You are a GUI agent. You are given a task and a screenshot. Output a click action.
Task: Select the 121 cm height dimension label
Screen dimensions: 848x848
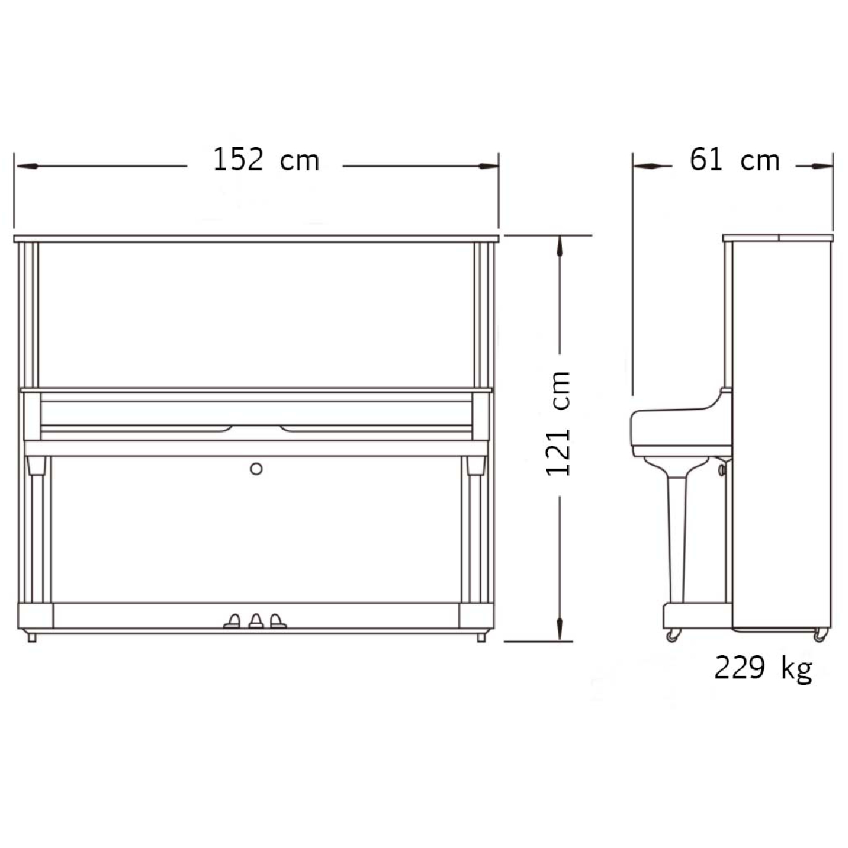(x=558, y=424)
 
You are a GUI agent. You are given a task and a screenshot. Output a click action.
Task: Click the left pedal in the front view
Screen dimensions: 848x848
(x=233, y=621)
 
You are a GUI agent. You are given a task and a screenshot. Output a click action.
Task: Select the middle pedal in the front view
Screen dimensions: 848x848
(x=256, y=621)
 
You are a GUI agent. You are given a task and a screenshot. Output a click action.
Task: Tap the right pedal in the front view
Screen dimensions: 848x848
(x=278, y=621)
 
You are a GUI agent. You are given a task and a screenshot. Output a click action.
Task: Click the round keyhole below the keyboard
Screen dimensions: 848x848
(x=256, y=468)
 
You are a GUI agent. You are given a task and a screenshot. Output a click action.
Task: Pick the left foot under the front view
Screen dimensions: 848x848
(x=32, y=637)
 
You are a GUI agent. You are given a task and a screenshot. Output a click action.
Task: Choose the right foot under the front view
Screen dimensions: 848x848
(x=482, y=637)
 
